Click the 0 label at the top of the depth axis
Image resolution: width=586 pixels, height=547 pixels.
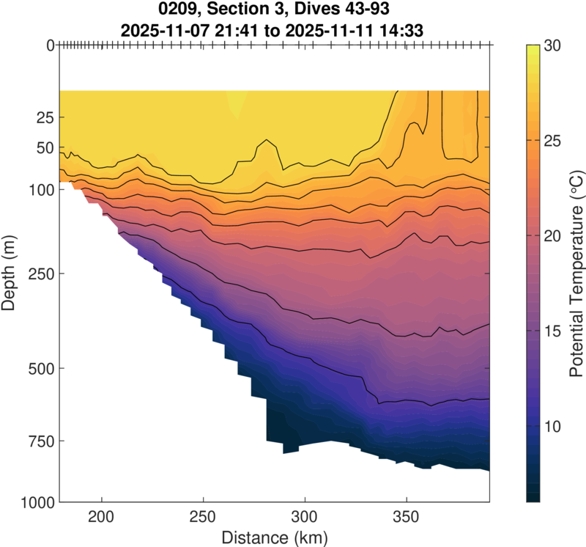[49, 45]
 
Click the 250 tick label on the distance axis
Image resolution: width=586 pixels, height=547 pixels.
[203, 517]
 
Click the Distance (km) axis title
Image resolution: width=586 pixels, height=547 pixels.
[274, 537]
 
